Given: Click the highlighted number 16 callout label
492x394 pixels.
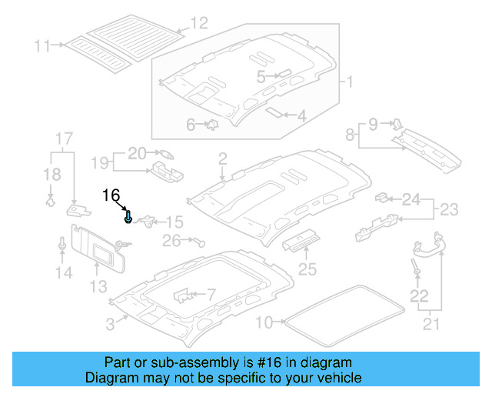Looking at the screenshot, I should [112, 195].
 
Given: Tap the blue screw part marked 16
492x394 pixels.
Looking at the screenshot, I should [128, 218].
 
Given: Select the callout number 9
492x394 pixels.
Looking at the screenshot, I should [374, 123].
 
